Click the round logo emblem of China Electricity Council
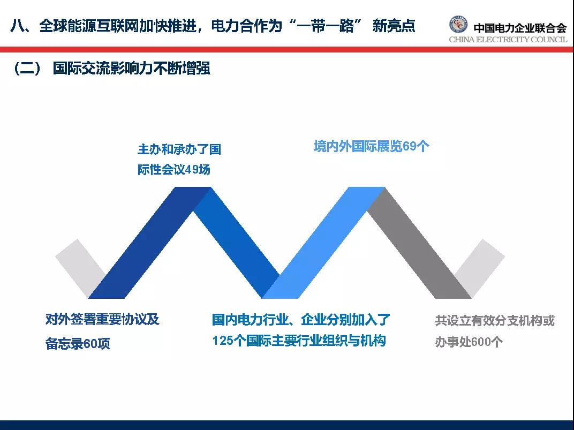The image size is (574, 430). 458,25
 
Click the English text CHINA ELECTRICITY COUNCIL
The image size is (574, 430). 508,40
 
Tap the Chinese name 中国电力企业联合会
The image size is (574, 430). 520,28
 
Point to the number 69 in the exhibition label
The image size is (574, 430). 409,146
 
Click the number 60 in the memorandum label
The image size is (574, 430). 90,344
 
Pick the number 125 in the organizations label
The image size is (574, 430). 223,341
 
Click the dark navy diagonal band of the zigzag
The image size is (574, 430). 150,243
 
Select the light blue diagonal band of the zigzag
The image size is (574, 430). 323,243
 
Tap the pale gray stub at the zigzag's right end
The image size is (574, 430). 480,267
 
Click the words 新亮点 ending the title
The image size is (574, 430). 394,26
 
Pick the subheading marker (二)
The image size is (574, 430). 27,69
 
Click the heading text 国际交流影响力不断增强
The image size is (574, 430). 131,69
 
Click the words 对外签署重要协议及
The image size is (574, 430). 102,320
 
